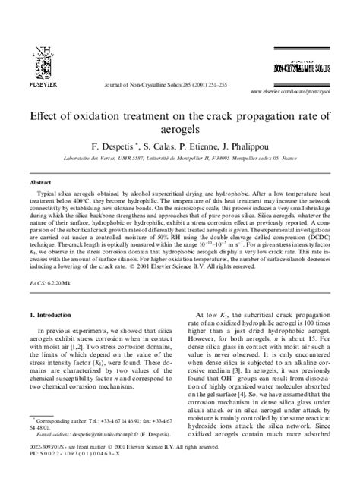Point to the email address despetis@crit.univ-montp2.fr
[x=106, y=455]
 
